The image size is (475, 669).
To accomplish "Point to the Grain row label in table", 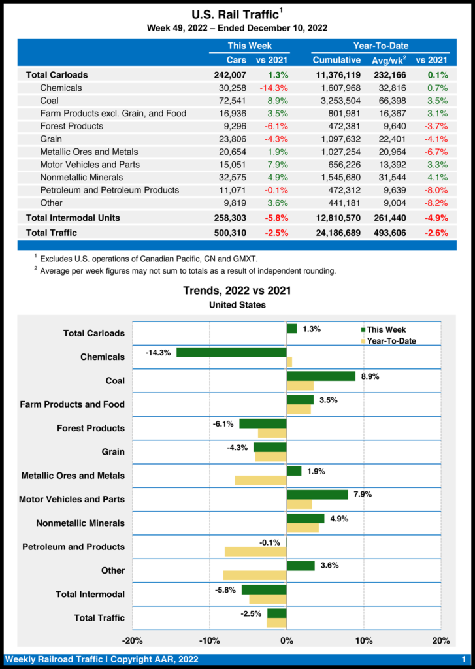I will point(51,139).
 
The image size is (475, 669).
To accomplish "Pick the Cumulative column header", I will point(337,60).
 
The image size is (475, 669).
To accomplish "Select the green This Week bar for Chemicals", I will point(231,352).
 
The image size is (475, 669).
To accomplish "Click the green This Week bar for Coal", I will point(321,376).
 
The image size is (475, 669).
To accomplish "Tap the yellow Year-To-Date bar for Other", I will point(255,576).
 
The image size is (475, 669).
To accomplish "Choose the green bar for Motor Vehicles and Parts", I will point(318,495).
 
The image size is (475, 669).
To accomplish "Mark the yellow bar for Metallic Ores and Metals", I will point(261,481).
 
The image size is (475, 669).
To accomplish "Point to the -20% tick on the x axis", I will point(133,640).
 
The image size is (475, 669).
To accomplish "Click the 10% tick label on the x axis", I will point(364,640).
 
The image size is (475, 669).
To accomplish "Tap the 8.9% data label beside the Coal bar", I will point(371,377).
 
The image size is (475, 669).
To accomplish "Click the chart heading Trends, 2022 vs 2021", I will point(237,291).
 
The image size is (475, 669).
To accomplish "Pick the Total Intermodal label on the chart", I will point(90,594).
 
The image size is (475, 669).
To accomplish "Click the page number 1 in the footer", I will point(463,659).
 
